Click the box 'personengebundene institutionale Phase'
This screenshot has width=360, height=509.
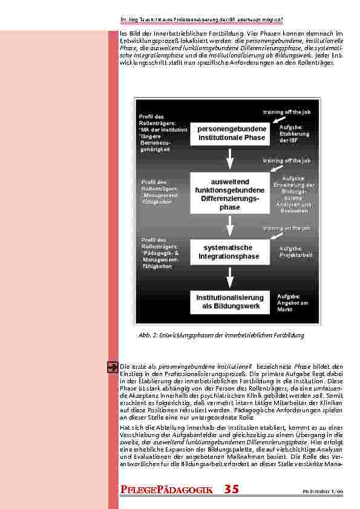(x=228, y=134)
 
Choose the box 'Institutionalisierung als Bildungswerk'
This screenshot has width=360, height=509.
(x=229, y=302)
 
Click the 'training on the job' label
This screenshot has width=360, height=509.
(x=286, y=229)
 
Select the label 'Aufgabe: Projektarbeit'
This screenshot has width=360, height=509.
(x=295, y=252)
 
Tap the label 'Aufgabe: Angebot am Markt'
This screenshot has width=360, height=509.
(x=293, y=302)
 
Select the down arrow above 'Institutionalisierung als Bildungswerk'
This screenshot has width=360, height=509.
(x=229, y=278)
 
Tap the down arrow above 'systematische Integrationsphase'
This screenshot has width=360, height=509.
(x=229, y=227)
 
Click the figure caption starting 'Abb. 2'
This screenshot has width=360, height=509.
(x=221, y=335)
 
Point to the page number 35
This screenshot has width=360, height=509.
(x=232, y=489)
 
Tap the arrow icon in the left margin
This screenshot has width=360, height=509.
(x=113, y=366)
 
